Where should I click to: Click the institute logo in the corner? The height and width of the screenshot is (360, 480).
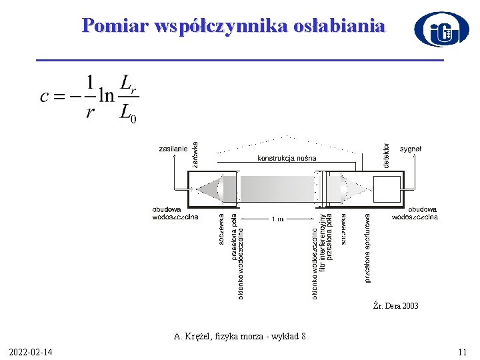441,30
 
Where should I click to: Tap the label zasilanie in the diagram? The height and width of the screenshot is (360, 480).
173,149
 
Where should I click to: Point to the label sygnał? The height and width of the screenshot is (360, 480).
411,149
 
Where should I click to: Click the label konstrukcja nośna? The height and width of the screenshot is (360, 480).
287,158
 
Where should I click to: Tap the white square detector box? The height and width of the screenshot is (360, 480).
387,189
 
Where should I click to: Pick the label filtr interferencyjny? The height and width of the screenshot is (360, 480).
322,242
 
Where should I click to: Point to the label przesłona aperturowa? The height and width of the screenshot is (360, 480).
368,247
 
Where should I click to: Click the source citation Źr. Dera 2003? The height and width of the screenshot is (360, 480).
396,306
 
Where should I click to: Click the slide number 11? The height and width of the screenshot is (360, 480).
462,351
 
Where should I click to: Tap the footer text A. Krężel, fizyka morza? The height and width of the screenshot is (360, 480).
240,337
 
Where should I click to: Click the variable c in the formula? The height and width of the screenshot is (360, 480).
45,97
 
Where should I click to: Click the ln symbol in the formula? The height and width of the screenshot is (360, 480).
105,97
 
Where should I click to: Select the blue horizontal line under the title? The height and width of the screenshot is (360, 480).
239,61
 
